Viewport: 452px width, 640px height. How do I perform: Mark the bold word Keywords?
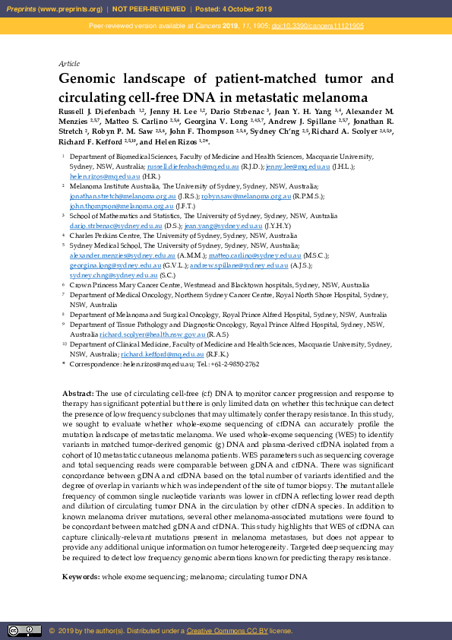click(81, 578)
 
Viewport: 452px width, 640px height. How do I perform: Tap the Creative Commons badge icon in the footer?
click(24, 630)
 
